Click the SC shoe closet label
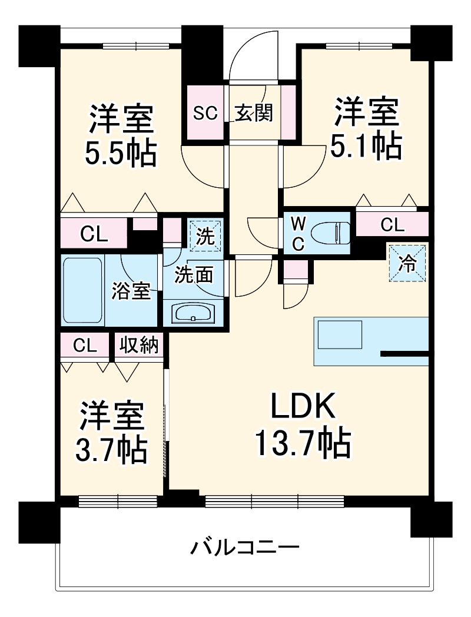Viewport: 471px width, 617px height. pyautogui.click(x=205, y=112)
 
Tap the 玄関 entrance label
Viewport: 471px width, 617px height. pyautogui.click(x=254, y=112)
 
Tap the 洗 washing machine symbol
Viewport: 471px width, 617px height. pyautogui.click(x=205, y=235)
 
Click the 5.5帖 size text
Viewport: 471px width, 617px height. pyautogui.click(x=121, y=154)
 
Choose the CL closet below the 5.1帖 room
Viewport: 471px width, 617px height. pyautogui.click(x=392, y=224)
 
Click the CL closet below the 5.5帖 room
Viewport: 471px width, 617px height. pyautogui.click(x=94, y=234)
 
